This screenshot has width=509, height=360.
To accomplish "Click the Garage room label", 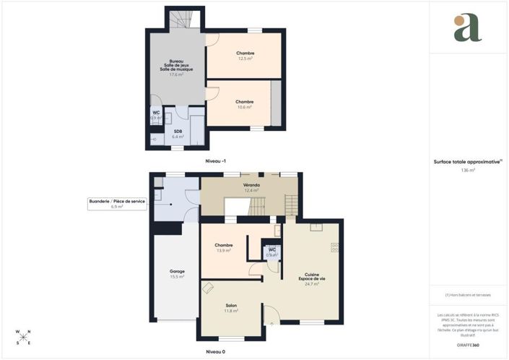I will [177, 274].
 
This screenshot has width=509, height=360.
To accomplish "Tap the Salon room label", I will [231, 308].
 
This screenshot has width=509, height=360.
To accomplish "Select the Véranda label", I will [251, 187].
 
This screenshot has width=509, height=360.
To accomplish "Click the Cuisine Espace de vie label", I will [312, 279].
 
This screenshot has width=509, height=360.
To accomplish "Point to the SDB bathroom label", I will [178, 133].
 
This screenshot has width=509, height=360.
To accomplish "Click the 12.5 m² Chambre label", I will [245, 56].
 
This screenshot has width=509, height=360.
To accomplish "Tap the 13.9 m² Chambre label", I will [223, 248].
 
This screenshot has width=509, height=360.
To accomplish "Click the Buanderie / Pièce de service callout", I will [117, 204].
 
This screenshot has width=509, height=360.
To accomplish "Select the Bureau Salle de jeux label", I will [176, 67].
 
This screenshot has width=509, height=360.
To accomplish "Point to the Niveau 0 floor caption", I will [215, 352].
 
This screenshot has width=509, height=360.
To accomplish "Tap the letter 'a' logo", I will [468, 29].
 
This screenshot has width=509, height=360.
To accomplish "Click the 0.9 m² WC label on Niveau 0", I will [271, 252].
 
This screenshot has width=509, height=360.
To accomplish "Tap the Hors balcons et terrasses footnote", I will [469, 294].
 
